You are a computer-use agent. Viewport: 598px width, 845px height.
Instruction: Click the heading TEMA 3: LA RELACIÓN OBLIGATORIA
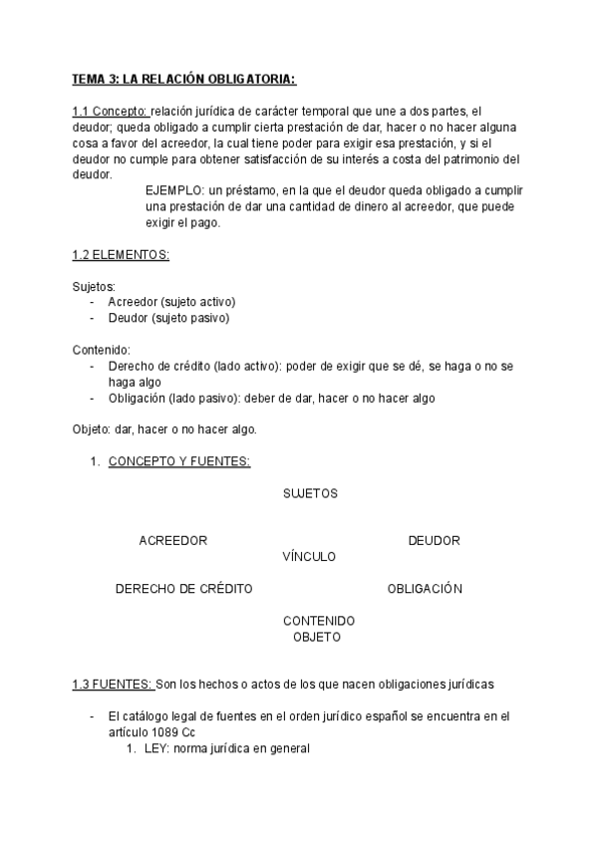[x=184, y=79]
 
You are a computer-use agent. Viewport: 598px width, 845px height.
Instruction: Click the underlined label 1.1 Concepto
[x=110, y=113]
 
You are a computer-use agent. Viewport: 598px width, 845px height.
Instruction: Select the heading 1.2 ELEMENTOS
[x=121, y=255]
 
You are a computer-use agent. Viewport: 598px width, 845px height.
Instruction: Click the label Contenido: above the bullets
[x=102, y=350]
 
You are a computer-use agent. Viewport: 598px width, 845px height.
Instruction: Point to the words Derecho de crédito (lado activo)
[x=194, y=367]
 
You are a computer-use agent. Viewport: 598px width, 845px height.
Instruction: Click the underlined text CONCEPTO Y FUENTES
[x=178, y=461]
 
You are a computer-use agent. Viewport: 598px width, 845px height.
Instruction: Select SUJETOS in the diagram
[x=310, y=493]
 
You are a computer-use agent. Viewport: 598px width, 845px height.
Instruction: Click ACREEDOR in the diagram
[x=172, y=541]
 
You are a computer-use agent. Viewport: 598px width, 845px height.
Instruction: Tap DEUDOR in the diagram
[x=434, y=541]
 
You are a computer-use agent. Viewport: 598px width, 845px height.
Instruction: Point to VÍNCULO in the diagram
[x=309, y=556]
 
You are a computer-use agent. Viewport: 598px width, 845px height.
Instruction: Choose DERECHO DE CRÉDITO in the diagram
[x=184, y=589]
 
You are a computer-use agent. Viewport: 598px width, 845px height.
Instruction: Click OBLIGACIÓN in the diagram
[x=425, y=589]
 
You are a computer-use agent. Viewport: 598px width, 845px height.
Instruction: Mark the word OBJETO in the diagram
[x=317, y=636]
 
